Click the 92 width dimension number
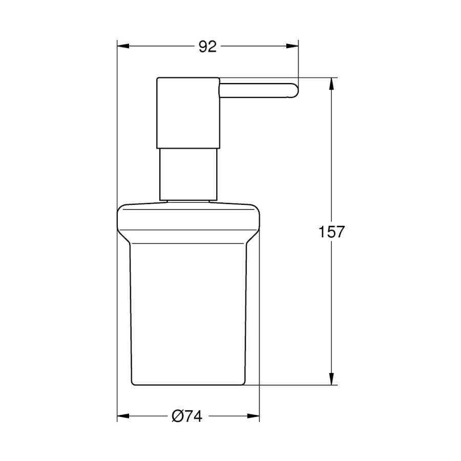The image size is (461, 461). tap(207, 47)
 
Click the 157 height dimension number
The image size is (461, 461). tap(331, 232)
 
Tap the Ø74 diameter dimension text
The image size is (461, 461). tap(187, 416)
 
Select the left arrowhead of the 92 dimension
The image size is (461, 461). tap(123, 46)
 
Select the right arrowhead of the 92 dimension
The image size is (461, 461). tap(292, 46)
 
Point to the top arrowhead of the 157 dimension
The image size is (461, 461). tap(331, 84)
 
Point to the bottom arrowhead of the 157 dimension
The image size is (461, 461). tap(331, 379)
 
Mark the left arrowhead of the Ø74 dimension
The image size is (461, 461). tap(123, 416)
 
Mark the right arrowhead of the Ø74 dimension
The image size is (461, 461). tap(254, 416)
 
